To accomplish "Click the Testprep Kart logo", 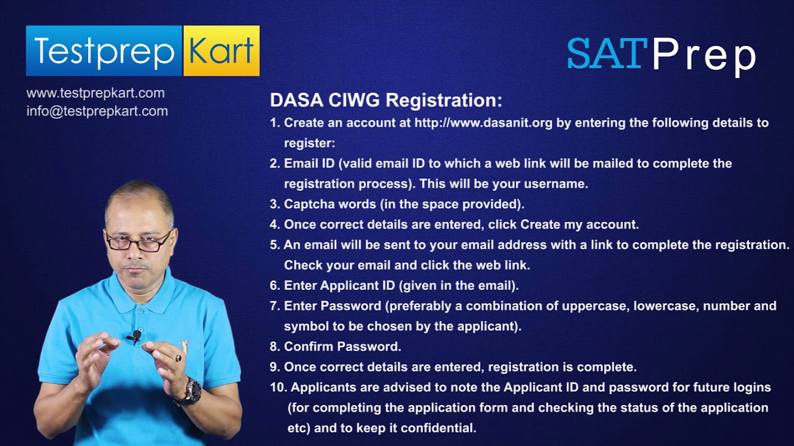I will click(143, 51).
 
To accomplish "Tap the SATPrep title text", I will click(661, 55).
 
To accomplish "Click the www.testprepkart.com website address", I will click(96, 94).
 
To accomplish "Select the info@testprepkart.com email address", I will click(97, 111).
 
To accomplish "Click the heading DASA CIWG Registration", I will click(386, 100).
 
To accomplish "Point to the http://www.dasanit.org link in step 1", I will click(483, 123).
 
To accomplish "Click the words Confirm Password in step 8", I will click(342, 347).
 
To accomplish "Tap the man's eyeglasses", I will click(138, 242).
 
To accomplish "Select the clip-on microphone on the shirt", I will click(135, 336).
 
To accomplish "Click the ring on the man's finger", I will click(179, 357).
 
